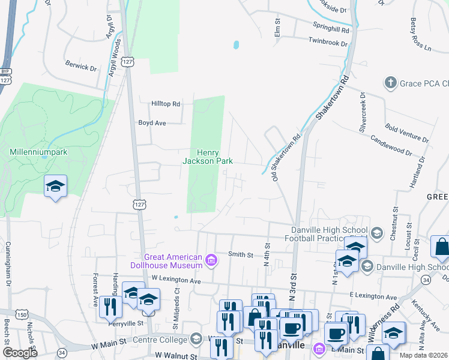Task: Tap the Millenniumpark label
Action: click(x=38, y=152)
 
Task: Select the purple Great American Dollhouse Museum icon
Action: click(x=211, y=260)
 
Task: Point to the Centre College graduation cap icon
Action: click(x=196, y=340)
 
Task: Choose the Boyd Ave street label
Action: click(x=152, y=122)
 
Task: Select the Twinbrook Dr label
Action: click(x=328, y=43)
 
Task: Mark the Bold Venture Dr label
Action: click(x=408, y=133)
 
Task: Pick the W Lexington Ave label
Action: click(x=176, y=279)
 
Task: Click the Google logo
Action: click(x=20, y=353)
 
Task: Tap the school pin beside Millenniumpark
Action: click(x=55, y=185)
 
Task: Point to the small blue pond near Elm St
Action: click(x=236, y=45)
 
